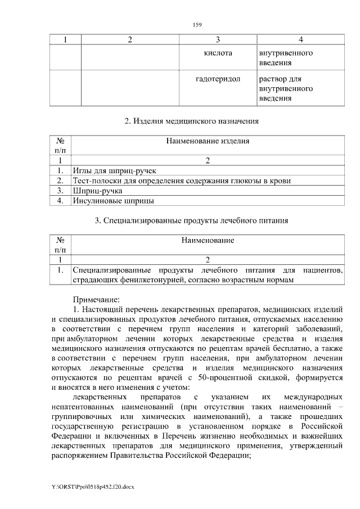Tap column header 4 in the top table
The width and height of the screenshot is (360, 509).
click(x=301, y=39)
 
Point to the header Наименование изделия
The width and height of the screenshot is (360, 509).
click(x=208, y=141)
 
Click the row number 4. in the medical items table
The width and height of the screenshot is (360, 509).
click(x=60, y=200)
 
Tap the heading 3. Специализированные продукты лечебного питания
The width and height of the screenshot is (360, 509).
click(x=191, y=220)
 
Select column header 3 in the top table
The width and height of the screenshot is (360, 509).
click(x=218, y=39)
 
